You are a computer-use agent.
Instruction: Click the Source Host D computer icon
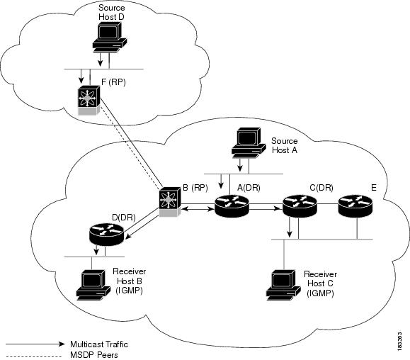tap(108, 37)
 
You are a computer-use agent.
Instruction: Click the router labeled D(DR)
tap(107, 233)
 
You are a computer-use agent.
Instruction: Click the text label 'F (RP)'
tap(114, 83)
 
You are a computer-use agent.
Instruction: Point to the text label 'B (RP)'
tap(194, 188)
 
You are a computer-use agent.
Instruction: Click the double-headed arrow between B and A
tap(198, 208)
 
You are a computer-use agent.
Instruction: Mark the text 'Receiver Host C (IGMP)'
tap(320, 283)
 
